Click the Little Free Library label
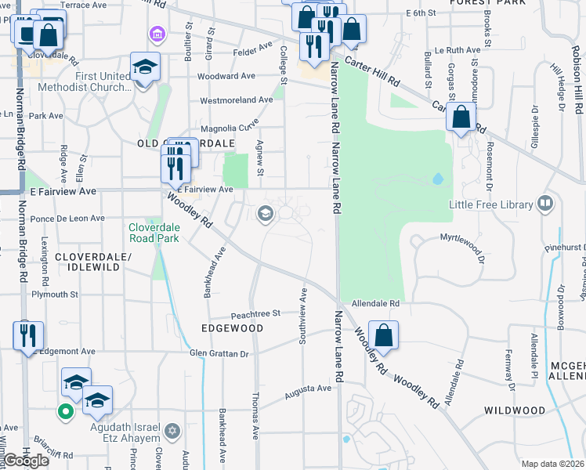click(490, 204)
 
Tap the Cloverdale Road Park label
click(154, 233)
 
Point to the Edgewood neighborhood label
click(232, 328)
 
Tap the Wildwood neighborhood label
click(514, 410)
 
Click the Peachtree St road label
click(255, 313)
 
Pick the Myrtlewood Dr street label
click(462, 237)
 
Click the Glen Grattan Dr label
click(219, 354)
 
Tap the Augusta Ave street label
click(307, 389)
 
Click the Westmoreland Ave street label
click(237, 100)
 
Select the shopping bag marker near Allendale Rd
click(383, 334)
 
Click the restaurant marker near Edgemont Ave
click(28, 334)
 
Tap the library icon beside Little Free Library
click(546, 204)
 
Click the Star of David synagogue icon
click(172, 430)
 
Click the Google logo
click(26, 461)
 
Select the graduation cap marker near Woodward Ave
click(146, 67)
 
